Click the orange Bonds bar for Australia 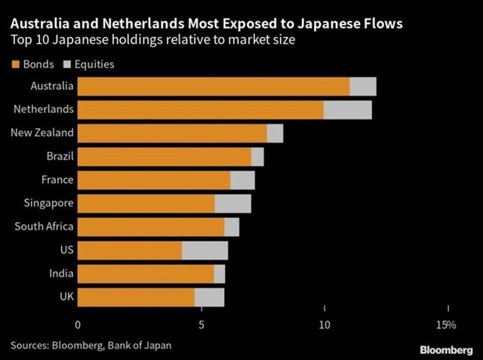point(213,86)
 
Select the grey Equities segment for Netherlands point(347,109)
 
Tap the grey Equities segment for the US point(205,251)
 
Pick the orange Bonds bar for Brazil point(164,156)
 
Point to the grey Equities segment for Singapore point(232,204)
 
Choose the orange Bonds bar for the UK point(136,297)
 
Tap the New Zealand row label point(42,133)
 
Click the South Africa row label point(44,226)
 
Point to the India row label point(61,273)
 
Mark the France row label point(57,180)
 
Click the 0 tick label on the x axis point(78,325)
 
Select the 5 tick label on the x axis point(202,325)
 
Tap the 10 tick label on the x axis point(325,325)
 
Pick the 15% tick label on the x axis point(445,325)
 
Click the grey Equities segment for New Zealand point(275,133)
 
